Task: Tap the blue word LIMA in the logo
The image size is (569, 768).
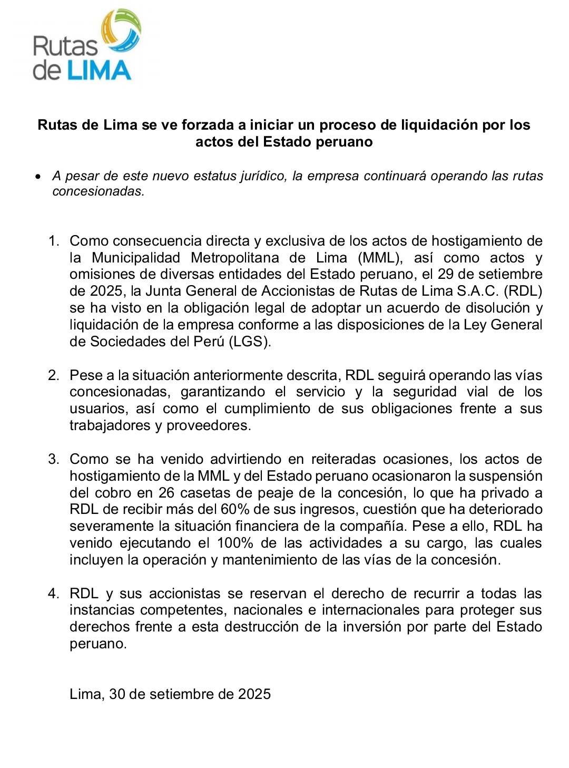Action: click(99, 71)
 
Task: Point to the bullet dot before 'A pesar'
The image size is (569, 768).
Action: click(37, 177)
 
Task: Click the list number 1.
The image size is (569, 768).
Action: click(53, 241)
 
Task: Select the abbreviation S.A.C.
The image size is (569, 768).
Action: click(478, 291)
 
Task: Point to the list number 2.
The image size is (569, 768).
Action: click(53, 375)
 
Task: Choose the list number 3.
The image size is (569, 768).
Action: click(53, 459)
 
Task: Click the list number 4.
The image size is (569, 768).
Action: click(53, 594)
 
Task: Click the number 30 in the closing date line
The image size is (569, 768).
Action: click(117, 694)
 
